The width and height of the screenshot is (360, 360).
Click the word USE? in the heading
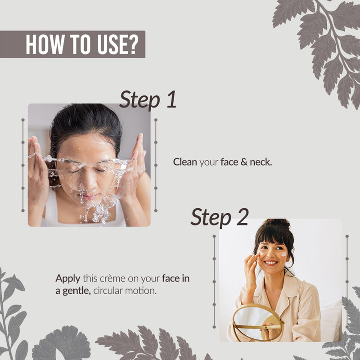118,44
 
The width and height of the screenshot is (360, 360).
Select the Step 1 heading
148,99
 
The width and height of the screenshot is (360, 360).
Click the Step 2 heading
220,217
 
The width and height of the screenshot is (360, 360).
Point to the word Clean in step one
185,162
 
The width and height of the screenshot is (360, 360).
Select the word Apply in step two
68,279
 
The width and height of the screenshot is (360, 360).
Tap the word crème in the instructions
112,279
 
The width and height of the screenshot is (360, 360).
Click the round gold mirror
258,322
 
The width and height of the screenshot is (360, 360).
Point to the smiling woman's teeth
271,262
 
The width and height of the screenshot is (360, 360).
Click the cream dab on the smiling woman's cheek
284,254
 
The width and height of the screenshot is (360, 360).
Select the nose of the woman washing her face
87,183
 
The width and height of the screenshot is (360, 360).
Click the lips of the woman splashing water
88,196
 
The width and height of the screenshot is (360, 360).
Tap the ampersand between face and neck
244,162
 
